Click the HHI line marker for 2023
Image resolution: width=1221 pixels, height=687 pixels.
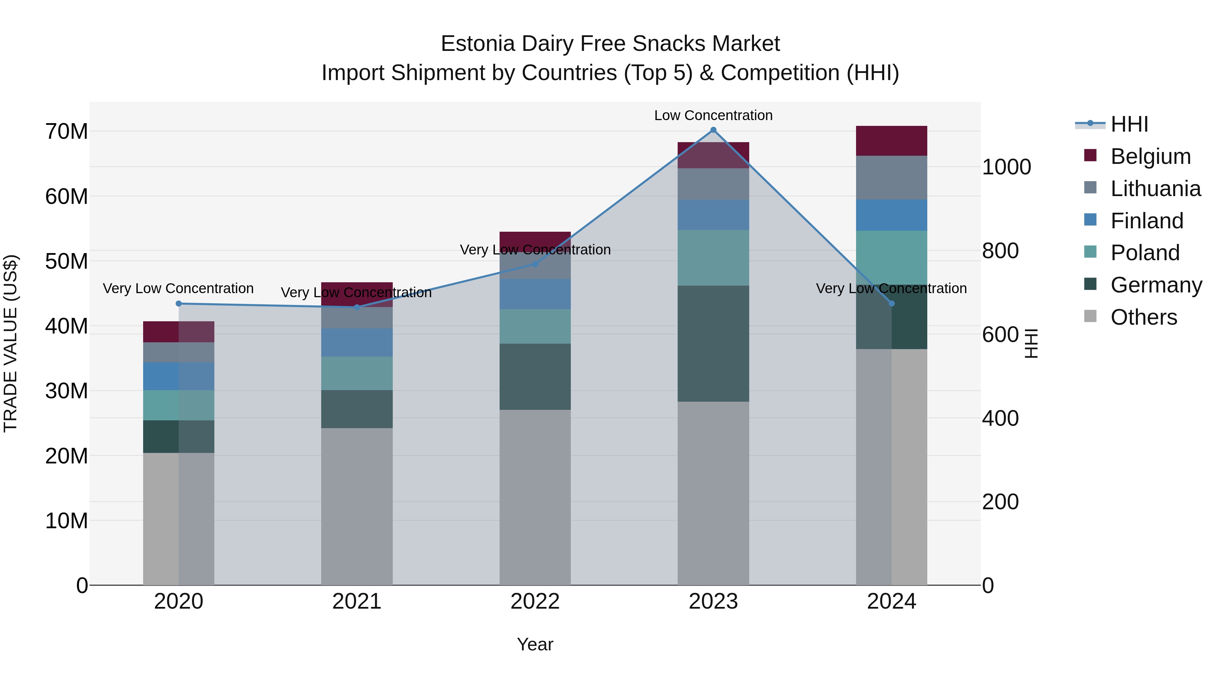point(713,130)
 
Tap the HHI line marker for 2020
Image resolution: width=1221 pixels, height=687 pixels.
point(179,303)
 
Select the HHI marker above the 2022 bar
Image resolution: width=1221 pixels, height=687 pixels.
point(535,264)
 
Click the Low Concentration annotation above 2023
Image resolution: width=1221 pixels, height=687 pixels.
point(713,115)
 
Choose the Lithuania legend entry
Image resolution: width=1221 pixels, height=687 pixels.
point(1155,189)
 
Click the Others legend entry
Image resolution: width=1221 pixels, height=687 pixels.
point(1143,317)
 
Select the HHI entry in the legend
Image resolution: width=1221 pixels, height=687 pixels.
point(1129,124)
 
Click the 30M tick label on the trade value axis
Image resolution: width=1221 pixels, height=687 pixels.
point(66,391)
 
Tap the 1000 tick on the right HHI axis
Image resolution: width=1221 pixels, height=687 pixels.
point(1006,167)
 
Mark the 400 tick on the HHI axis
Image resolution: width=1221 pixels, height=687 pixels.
point(1000,418)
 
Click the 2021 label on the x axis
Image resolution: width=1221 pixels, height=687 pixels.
point(356,602)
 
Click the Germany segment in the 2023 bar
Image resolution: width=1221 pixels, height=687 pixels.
point(713,343)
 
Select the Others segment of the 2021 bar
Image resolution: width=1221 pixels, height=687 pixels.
point(356,507)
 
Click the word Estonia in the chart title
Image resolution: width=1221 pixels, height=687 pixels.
point(477,44)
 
